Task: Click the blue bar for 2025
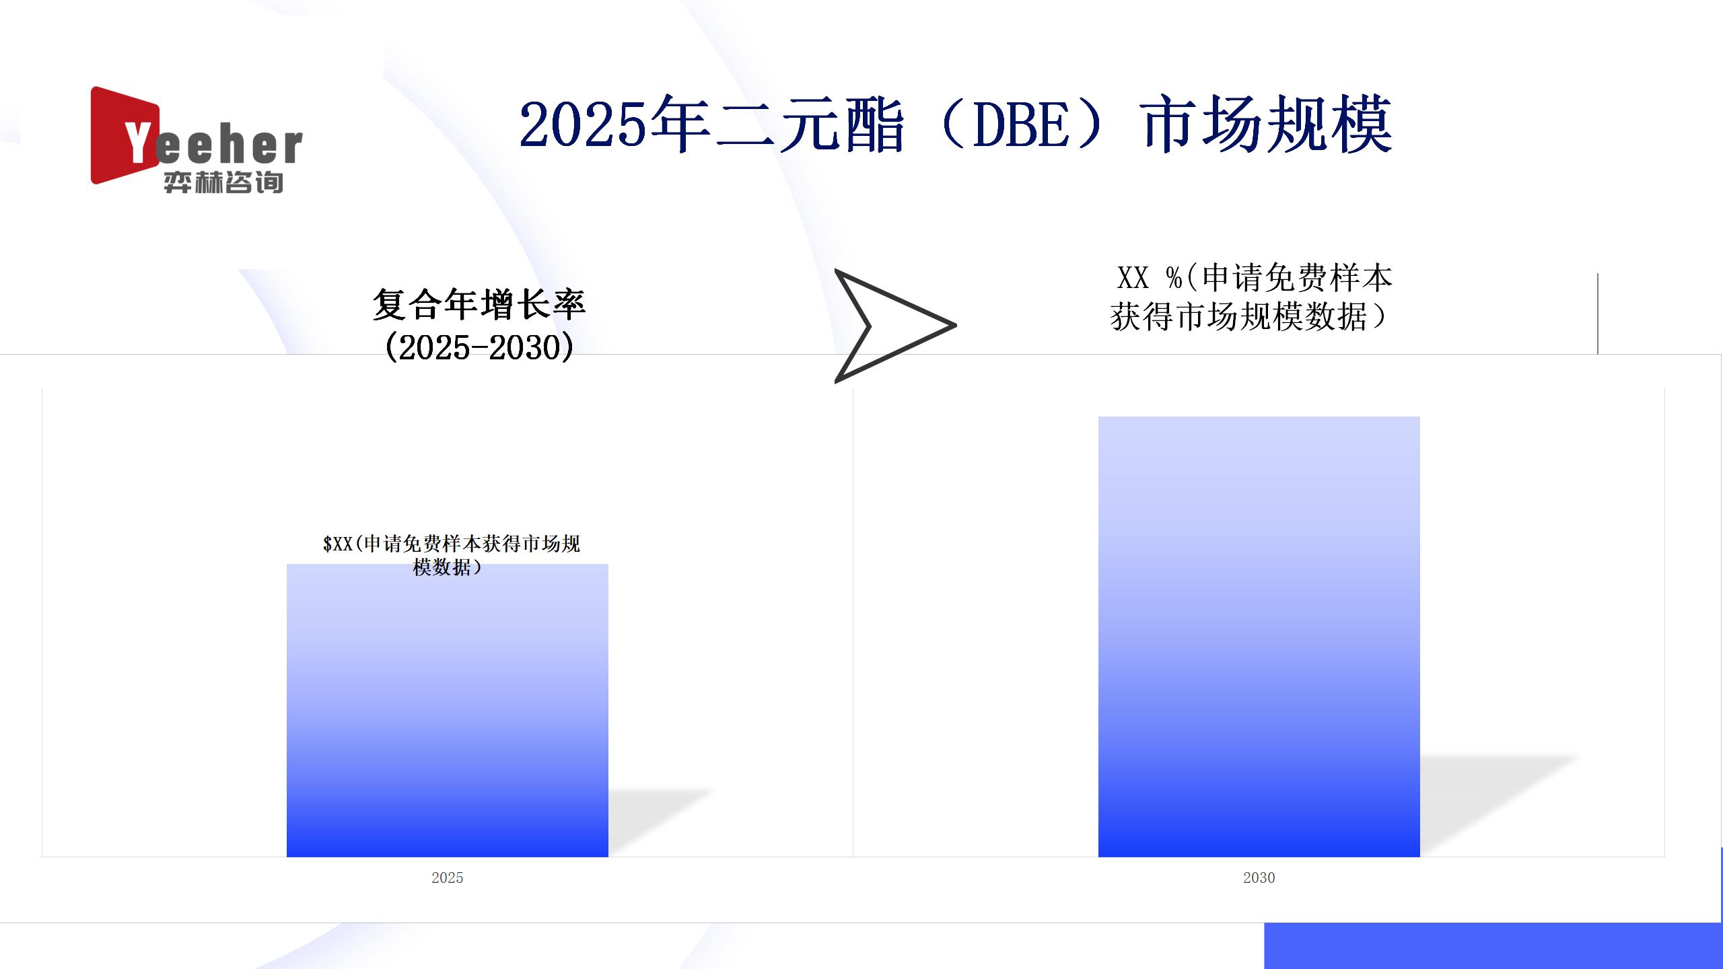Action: (x=448, y=710)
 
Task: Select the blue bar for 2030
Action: (x=1259, y=637)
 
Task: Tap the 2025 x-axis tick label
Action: (x=448, y=877)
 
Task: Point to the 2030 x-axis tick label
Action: (x=1259, y=877)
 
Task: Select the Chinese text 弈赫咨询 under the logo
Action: (x=223, y=182)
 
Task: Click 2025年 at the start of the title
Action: (x=614, y=123)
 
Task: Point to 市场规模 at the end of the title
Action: (x=1267, y=123)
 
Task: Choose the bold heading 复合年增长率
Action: (x=479, y=304)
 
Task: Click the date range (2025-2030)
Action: (x=479, y=347)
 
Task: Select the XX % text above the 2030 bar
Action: (x=1150, y=277)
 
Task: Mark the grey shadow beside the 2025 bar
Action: (x=660, y=821)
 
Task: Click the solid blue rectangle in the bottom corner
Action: (x=1493, y=945)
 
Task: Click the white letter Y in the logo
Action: (x=138, y=142)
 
